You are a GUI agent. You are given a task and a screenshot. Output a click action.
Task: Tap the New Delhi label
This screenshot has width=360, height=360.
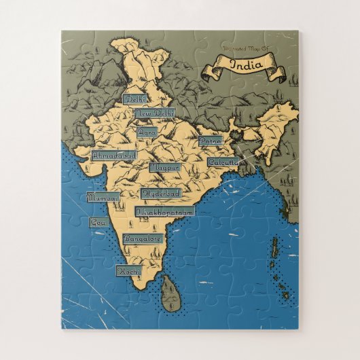(x=154, y=113)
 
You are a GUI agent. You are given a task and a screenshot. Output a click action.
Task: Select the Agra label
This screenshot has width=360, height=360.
(x=147, y=133)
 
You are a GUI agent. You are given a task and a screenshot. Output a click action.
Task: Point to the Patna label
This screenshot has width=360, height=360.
(x=210, y=141)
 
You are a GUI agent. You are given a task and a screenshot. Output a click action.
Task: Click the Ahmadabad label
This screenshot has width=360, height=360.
(x=114, y=156)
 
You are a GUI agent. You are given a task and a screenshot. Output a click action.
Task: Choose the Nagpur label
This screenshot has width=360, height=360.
(x=164, y=165)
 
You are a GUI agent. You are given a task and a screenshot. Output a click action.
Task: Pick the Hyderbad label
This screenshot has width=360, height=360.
(x=160, y=194)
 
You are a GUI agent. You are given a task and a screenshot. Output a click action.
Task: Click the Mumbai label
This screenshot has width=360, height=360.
(x=103, y=198)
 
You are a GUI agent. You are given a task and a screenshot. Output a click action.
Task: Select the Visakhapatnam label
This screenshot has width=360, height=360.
(x=165, y=212)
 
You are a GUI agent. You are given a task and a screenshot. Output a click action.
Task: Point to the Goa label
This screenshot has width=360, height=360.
(x=98, y=222)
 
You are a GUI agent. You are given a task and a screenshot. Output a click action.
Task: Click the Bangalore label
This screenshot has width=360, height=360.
(x=143, y=239)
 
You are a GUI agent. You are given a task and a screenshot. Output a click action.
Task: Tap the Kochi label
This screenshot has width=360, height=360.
(x=128, y=270)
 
